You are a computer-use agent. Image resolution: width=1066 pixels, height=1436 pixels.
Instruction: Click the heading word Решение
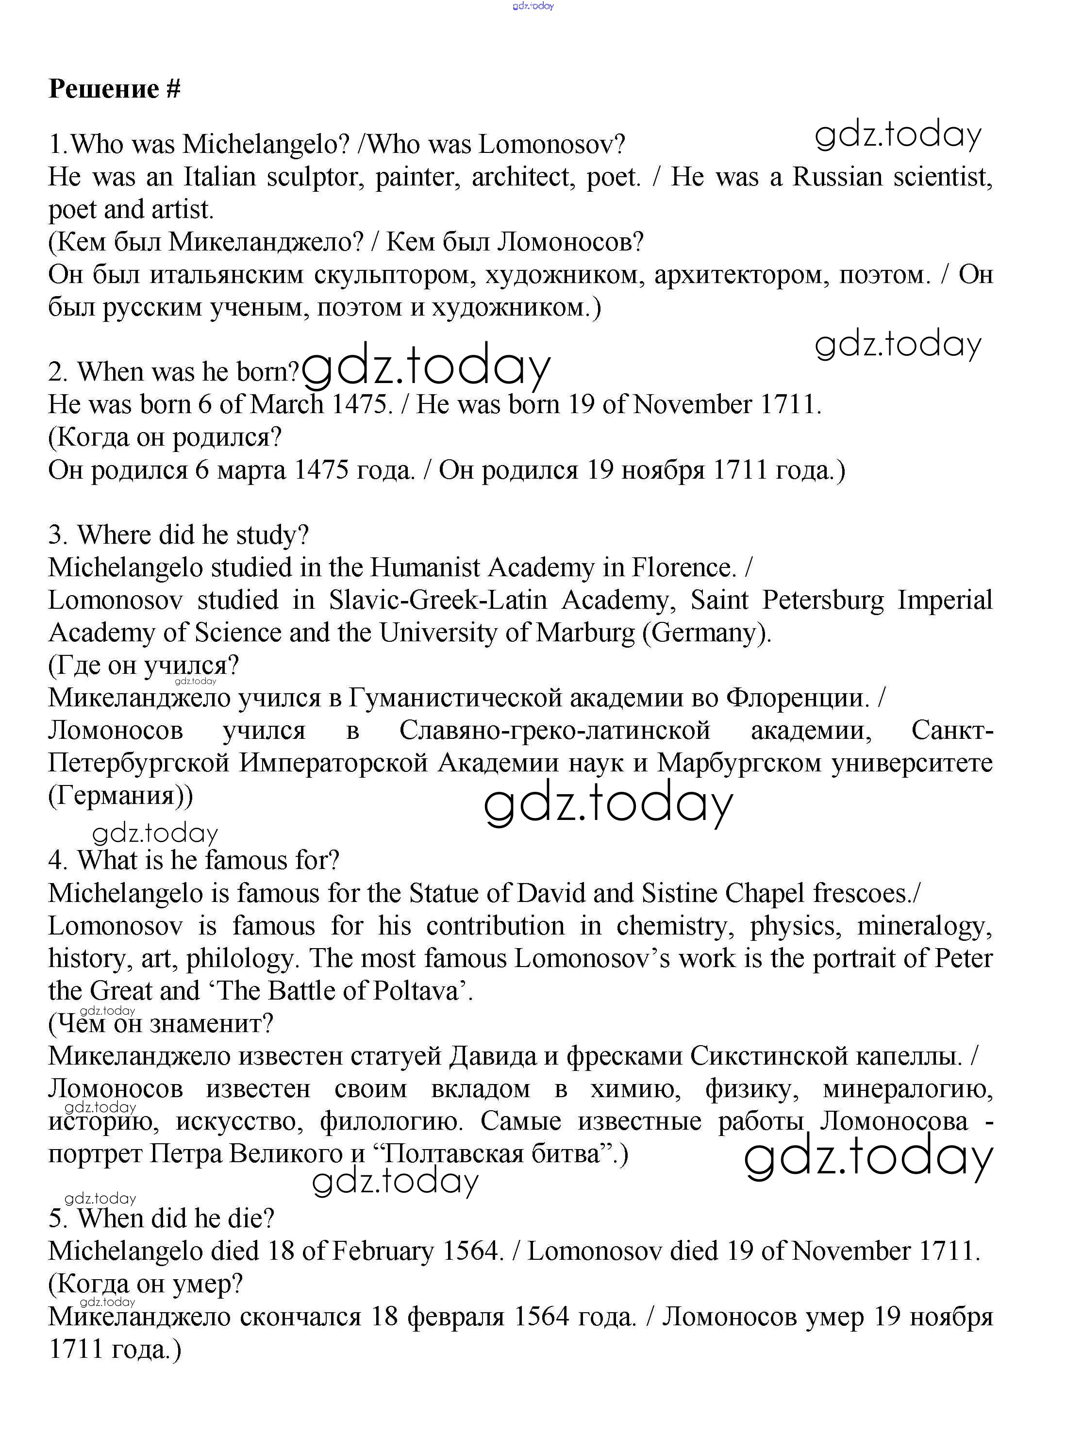[x=104, y=88]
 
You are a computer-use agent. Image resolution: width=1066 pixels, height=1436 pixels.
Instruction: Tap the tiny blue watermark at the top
[x=533, y=6]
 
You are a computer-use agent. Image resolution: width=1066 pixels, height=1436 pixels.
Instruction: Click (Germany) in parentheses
[x=707, y=633]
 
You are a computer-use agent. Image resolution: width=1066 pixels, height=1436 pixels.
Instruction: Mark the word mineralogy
[x=924, y=927]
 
